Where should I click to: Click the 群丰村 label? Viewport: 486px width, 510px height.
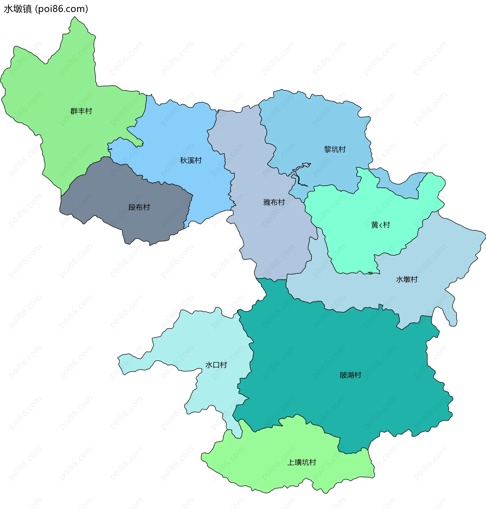tap(81, 111)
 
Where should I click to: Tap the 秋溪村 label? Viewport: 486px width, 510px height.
tap(191, 160)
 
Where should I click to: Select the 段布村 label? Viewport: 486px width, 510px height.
tap(139, 207)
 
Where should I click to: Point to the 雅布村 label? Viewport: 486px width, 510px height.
tap(274, 202)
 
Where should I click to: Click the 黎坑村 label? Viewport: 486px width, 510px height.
tap(335, 149)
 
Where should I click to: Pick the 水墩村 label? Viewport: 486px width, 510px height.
tap(407, 279)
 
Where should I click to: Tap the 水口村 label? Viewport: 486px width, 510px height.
tap(216, 365)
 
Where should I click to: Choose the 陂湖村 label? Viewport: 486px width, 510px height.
tap(351, 375)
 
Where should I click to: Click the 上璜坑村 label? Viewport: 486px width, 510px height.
tap(302, 462)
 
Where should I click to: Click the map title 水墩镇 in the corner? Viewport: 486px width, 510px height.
tap(18, 9)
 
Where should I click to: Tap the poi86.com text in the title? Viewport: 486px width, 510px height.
tap(62, 9)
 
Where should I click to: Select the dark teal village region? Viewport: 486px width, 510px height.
tap(324, 350)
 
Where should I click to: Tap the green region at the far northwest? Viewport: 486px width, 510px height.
tap(52, 91)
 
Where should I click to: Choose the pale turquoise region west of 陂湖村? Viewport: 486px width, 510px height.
tap(207, 337)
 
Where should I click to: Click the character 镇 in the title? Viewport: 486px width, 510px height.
tap(27, 9)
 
